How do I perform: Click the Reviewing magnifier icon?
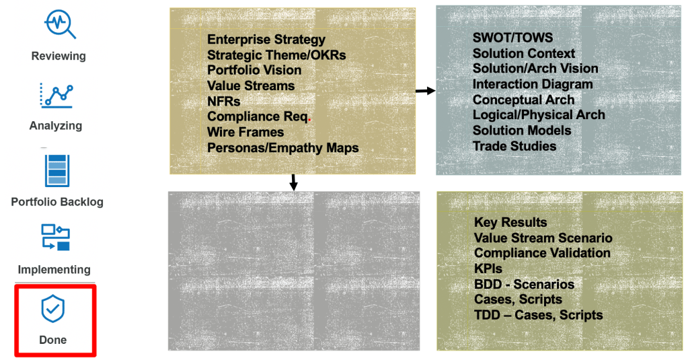(60, 24)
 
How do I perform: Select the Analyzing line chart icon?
(56, 94)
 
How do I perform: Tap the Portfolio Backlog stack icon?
(57, 170)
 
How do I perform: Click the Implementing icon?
(56, 238)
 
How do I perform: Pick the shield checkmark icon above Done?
(52, 309)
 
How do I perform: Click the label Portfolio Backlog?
(57, 202)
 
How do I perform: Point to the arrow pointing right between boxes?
(425, 91)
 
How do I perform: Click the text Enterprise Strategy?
(266, 40)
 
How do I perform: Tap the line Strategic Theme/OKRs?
(276, 55)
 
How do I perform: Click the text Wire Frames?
(245, 132)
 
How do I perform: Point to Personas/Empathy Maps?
(282, 147)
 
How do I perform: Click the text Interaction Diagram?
(533, 84)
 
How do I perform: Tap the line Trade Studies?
(514, 146)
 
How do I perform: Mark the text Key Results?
(510, 222)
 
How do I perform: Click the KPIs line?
(488, 268)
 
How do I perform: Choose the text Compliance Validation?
(542, 253)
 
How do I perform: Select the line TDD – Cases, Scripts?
(538, 315)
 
